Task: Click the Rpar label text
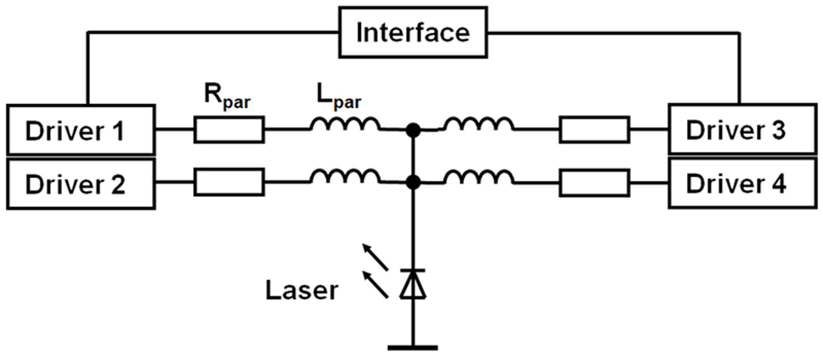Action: (227, 97)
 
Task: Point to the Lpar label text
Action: (339, 97)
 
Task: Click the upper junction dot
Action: (413, 130)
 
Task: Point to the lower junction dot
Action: (413, 183)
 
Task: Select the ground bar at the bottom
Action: (413, 348)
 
